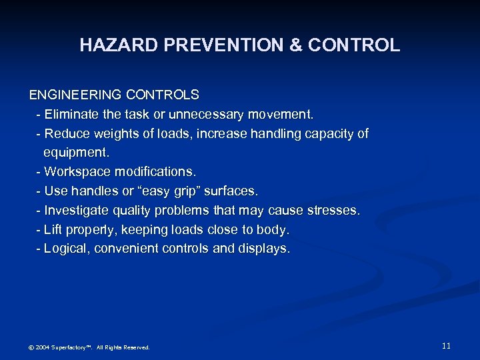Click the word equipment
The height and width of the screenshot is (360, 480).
(76, 153)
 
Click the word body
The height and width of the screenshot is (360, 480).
(275, 230)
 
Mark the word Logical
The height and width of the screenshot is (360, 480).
(67, 249)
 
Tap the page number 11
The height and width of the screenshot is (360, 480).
(446, 345)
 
